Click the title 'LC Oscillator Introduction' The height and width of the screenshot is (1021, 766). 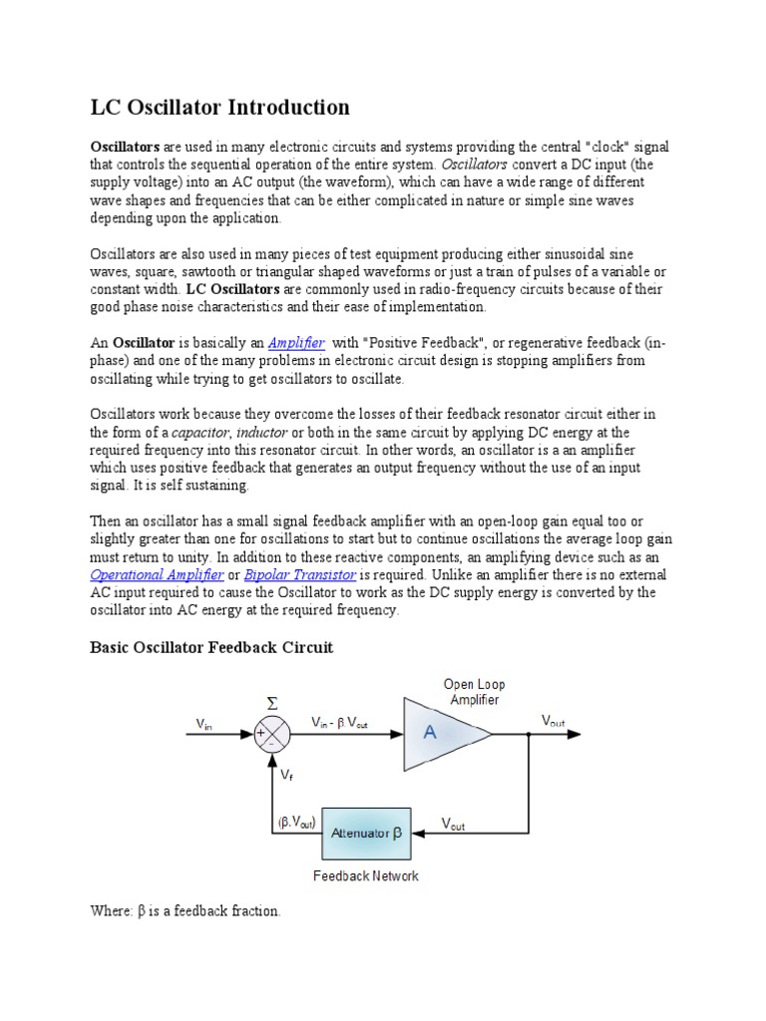click(220, 107)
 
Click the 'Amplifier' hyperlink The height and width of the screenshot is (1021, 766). click(296, 342)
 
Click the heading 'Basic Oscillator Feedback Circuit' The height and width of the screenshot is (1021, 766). click(211, 647)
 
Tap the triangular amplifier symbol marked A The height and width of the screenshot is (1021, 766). click(440, 734)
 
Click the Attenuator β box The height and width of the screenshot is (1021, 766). click(365, 833)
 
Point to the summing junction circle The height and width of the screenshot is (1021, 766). click(271, 735)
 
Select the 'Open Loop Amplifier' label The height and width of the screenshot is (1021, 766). click(474, 692)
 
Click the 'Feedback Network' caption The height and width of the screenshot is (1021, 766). click(365, 875)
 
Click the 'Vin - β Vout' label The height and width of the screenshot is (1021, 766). click(339, 722)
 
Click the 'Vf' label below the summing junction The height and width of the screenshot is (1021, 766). click(287, 773)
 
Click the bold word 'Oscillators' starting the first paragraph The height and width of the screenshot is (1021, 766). click(126, 146)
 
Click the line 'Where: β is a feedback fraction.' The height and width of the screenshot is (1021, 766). click(186, 911)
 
